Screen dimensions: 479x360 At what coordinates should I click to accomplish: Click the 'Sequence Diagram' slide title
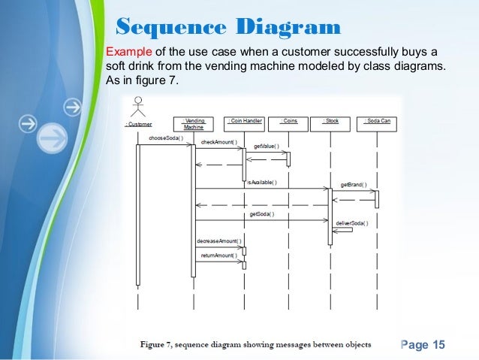[x=228, y=28]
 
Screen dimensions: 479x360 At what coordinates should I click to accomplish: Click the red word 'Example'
[x=129, y=52]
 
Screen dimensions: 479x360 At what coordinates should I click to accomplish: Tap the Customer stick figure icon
[x=137, y=106]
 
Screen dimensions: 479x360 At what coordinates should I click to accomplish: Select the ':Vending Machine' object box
[x=194, y=124]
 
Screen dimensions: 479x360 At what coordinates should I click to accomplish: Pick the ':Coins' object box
[x=288, y=121]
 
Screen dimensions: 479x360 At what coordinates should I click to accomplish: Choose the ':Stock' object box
[x=331, y=121]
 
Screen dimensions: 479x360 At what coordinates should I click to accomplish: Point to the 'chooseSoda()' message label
[x=166, y=138]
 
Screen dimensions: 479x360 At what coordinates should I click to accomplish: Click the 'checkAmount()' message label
[x=218, y=142]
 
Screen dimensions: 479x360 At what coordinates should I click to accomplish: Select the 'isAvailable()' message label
[x=262, y=182]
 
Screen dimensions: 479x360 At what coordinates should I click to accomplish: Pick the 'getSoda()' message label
[x=261, y=214]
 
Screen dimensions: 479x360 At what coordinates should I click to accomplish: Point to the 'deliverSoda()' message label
[x=350, y=222]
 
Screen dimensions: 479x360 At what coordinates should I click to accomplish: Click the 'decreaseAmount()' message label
[x=218, y=241]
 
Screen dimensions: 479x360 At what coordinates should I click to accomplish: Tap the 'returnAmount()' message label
[x=218, y=256]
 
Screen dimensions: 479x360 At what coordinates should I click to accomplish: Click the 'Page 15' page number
[x=423, y=344]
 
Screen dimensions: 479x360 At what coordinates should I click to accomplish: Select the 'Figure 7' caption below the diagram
[x=255, y=345]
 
